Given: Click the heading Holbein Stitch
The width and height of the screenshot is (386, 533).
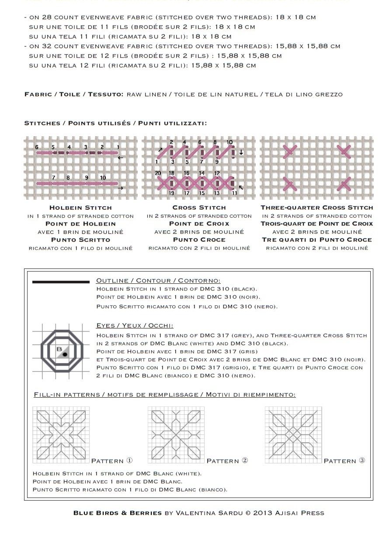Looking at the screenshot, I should pyautogui.click(x=80, y=208).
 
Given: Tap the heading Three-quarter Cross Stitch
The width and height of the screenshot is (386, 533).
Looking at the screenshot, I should pyautogui.click(x=316, y=208).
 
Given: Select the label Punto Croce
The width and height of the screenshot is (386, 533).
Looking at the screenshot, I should pyautogui.click(x=199, y=240).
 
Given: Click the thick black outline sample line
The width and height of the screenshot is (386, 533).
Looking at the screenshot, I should pyautogui.click(x=61, y=282).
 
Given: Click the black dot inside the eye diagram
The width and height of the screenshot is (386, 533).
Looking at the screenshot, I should pyautogui.click(x=65, y=353).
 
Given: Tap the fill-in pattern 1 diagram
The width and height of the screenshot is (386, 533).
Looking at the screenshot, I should pyautogui.click(x=61, y=434).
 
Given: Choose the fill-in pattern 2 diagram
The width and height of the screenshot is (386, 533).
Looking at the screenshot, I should pyautogui.click(x=176, y=434).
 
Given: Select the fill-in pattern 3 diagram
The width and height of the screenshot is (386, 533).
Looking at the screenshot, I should pyautogui.click(x=293, y=434).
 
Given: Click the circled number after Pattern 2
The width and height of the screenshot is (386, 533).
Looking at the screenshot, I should pyautogui.click(x=245, y=460).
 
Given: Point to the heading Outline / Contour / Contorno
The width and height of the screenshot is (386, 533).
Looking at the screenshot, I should pyautogui.click(x=158, y=280).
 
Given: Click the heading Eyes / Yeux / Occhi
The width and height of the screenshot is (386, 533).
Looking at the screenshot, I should pyautogui.click(x=134, y=325).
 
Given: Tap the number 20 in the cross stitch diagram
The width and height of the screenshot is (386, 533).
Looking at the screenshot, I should pyautogui.click(x=158, y=173).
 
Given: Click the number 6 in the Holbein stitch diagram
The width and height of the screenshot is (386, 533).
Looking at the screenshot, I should pyautogui.click(x=37, y=147).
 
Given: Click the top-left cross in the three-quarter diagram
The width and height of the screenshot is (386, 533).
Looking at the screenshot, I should pyautogui.click(x=289, y=152).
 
